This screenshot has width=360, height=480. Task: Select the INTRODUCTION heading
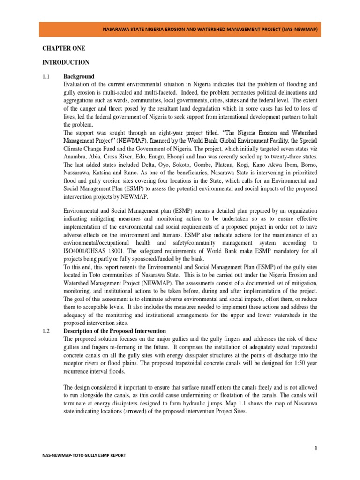(x=60, y=62)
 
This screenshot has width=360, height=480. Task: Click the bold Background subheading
(x=79, y=76)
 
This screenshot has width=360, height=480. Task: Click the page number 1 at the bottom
(x=316, y=449)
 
